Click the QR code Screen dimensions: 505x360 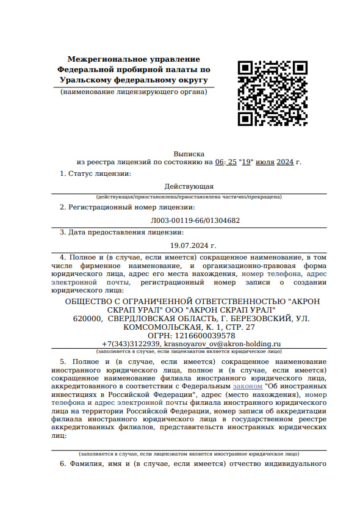(x=264, y=93)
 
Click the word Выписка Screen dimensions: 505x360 (x=189, y=154)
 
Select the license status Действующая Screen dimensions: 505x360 (x=189, y=186)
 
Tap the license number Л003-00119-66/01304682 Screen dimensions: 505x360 (x=195, y=220)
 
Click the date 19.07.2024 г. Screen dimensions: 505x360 (x=193, y=245)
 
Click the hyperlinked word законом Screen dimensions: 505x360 (x=247, y=387)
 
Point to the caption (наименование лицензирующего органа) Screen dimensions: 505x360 (x=134, y=92)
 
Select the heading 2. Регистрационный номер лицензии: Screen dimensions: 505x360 (x=122, y=208)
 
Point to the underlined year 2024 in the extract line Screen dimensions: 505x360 (x=285, y=162)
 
